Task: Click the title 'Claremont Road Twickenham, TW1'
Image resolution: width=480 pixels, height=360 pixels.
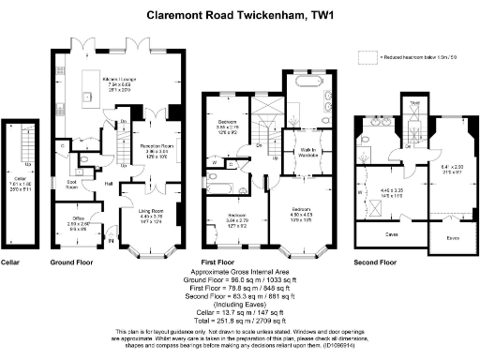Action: pyautogui.click(x=239, y=15)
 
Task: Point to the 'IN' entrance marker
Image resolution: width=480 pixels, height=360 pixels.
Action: pyautogui.click(x=111, y=242)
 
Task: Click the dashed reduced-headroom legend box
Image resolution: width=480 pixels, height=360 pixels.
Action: pyautogui.click(x=364, y=58)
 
